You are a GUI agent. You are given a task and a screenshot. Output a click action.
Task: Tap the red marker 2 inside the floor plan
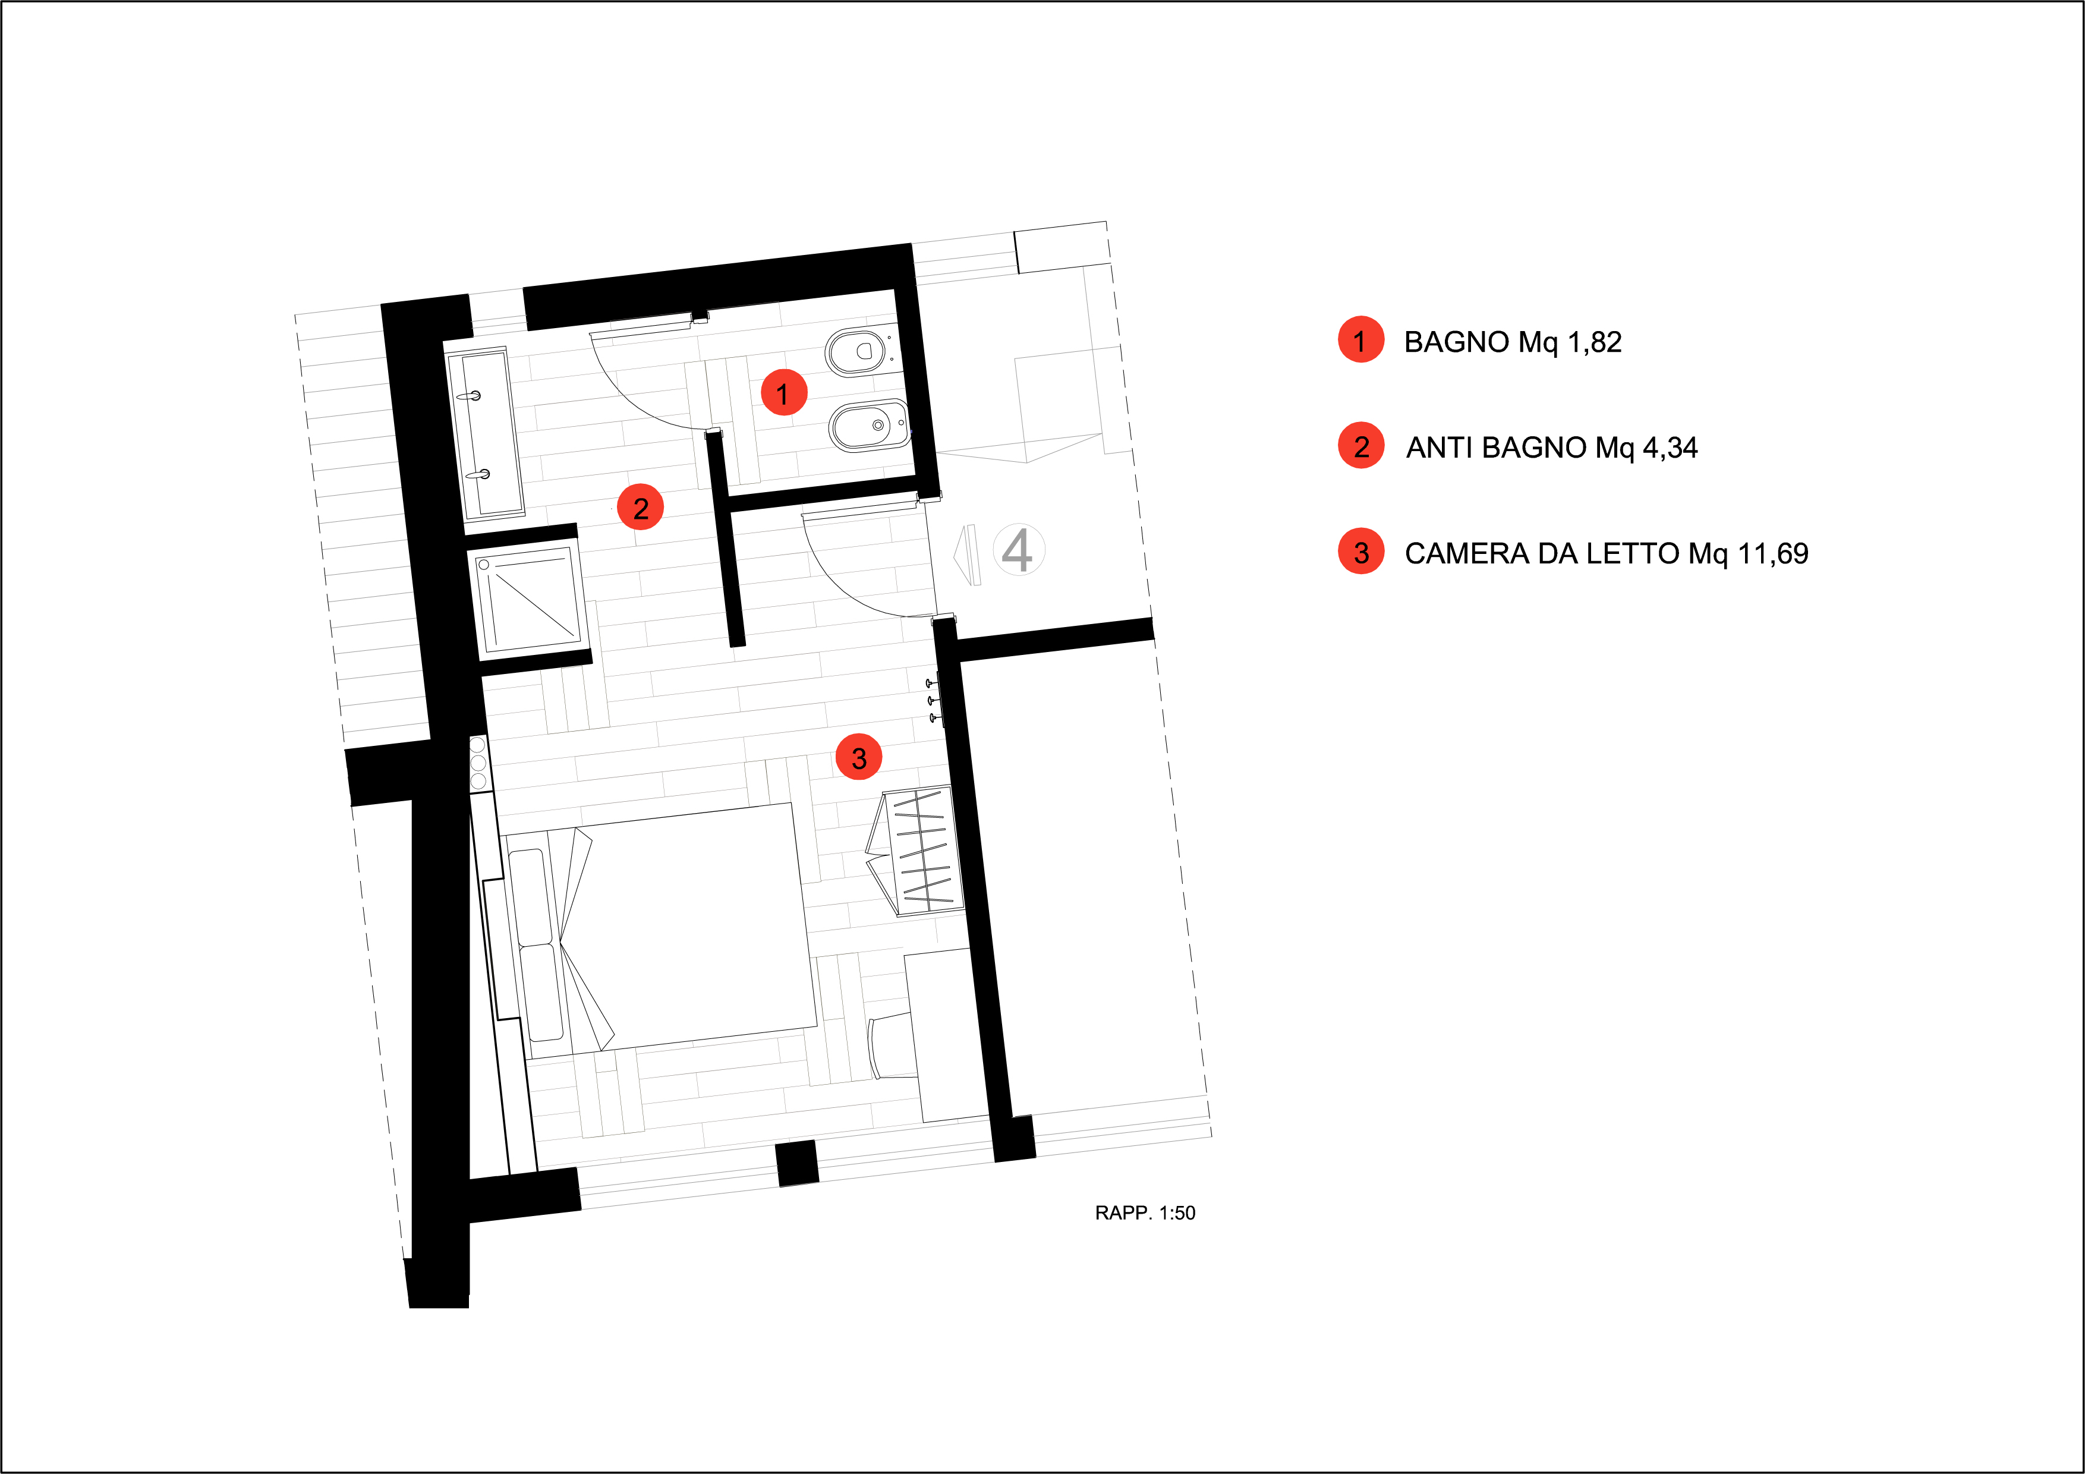(640, 508)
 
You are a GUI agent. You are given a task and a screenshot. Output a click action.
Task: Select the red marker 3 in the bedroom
(858, 757)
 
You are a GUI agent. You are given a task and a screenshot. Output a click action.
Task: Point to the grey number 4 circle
(1018, 549)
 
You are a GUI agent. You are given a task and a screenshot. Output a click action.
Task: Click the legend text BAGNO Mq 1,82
(1512, 342)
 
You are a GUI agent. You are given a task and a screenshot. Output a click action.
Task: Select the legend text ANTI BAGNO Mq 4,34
(1551, 448)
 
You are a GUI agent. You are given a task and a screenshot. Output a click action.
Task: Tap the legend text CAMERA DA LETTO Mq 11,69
(1605, 553)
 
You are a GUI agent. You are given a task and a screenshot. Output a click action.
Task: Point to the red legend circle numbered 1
(1360, 341)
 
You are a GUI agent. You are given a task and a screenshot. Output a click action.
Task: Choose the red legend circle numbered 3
(1360, 552)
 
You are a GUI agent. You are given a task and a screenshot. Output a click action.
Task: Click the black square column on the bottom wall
(797, 1163)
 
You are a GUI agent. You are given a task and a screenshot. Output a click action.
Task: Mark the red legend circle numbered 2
(1360, 446)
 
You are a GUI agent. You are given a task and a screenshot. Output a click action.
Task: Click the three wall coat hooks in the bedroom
(932, 700)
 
